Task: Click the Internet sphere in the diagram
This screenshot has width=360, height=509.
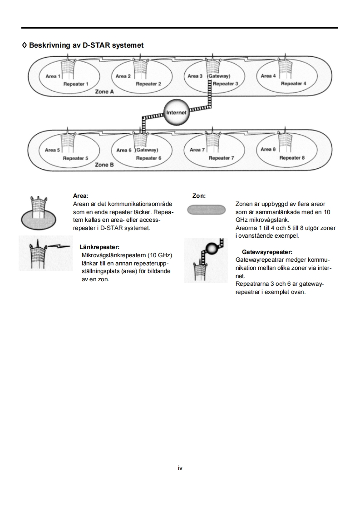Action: (176, 113)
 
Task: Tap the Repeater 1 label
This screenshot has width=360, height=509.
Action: (76, 84)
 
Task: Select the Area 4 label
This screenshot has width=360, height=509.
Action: (268, 76)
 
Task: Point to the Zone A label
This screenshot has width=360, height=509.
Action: (104, 92)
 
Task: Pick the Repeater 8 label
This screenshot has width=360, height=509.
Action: (292, 158)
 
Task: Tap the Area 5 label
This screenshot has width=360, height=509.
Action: (53, 150)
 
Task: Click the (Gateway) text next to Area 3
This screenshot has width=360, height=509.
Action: (219, 76)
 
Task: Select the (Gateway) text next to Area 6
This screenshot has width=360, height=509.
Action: (146, 150)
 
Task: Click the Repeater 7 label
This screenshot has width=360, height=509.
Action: (221, 158)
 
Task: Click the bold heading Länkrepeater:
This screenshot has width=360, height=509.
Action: (99, 247)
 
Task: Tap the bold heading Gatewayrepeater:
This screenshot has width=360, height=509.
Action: (267, 252)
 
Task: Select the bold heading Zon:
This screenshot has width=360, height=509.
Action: (199, 196)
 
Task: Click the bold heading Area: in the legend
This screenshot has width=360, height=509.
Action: (81, 196)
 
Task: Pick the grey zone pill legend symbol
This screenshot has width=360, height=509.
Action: (207, 210)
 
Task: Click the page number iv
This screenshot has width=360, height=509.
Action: (180, 468)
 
